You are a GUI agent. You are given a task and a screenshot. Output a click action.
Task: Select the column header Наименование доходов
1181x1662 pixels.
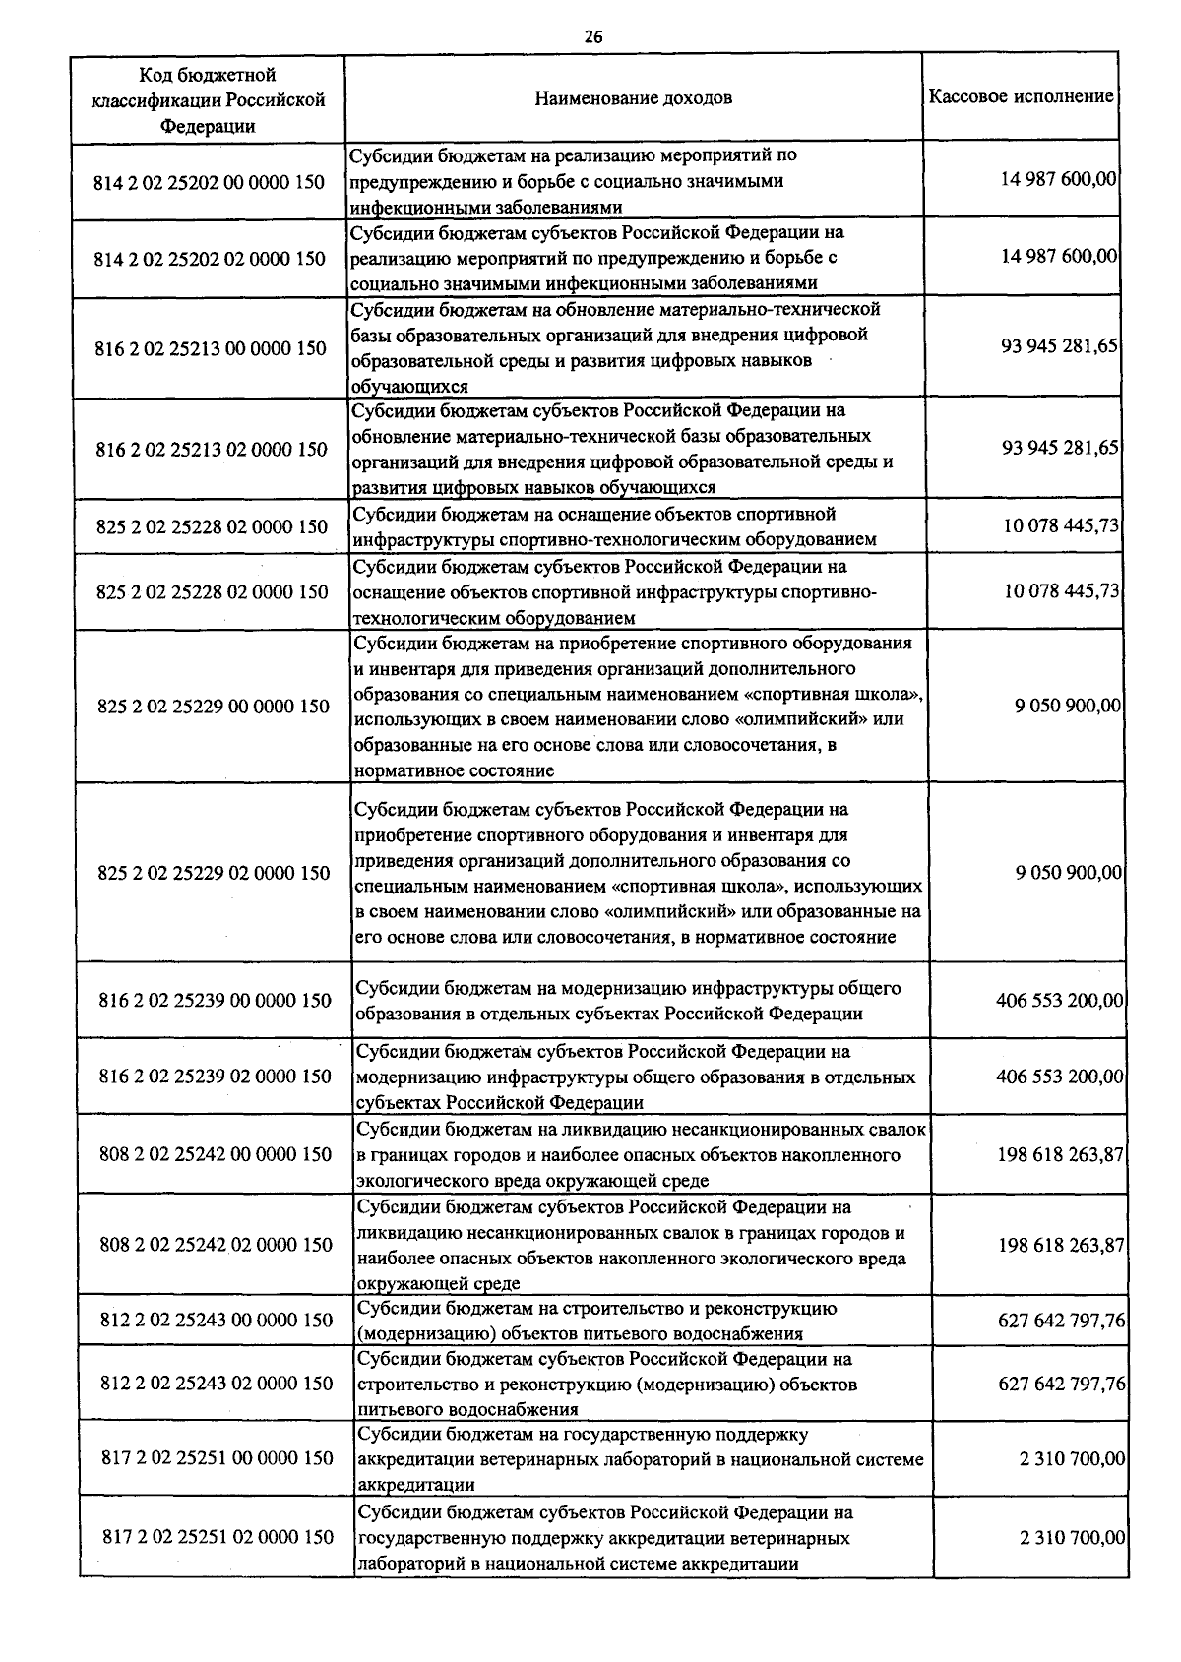pyautogui.click(x=633, y=98)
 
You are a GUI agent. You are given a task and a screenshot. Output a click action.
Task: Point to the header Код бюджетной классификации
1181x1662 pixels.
pyautogui.click(x=208, y=99)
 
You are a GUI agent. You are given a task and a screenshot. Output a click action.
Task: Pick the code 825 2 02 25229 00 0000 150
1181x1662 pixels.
pyautogui.click(x=214, y=707)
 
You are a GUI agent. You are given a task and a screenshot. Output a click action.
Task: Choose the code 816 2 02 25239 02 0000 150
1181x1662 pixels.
pyautogui.click(x=216, y=1077)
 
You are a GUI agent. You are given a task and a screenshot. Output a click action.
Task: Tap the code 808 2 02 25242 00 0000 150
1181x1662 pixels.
pyautogui.click(x=216, y=1154)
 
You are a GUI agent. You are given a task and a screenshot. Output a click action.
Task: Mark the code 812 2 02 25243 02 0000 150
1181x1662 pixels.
pyautogui.click(x=217, y=1384)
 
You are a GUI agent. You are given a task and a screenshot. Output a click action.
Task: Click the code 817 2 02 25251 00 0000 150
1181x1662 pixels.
pyautogui.click(x=218, y=1458)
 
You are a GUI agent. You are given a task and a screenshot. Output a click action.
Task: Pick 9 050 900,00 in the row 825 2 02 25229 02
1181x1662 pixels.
pyautogui.click(x=1068, y=873)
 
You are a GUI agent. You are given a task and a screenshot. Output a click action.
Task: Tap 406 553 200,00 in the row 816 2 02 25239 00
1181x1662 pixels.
pyautogui.click(x=1059, y=1001)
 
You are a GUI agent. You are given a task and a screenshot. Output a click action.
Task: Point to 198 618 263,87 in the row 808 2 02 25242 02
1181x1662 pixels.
pyautogui.click(x=1060, y=1245)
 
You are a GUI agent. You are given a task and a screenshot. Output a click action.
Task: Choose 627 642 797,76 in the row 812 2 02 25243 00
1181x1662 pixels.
pyautogui.click(x=1061, y=1320)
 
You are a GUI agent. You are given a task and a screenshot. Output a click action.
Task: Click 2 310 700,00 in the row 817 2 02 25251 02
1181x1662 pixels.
pyautogui.click(x=1072, y=1537)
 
